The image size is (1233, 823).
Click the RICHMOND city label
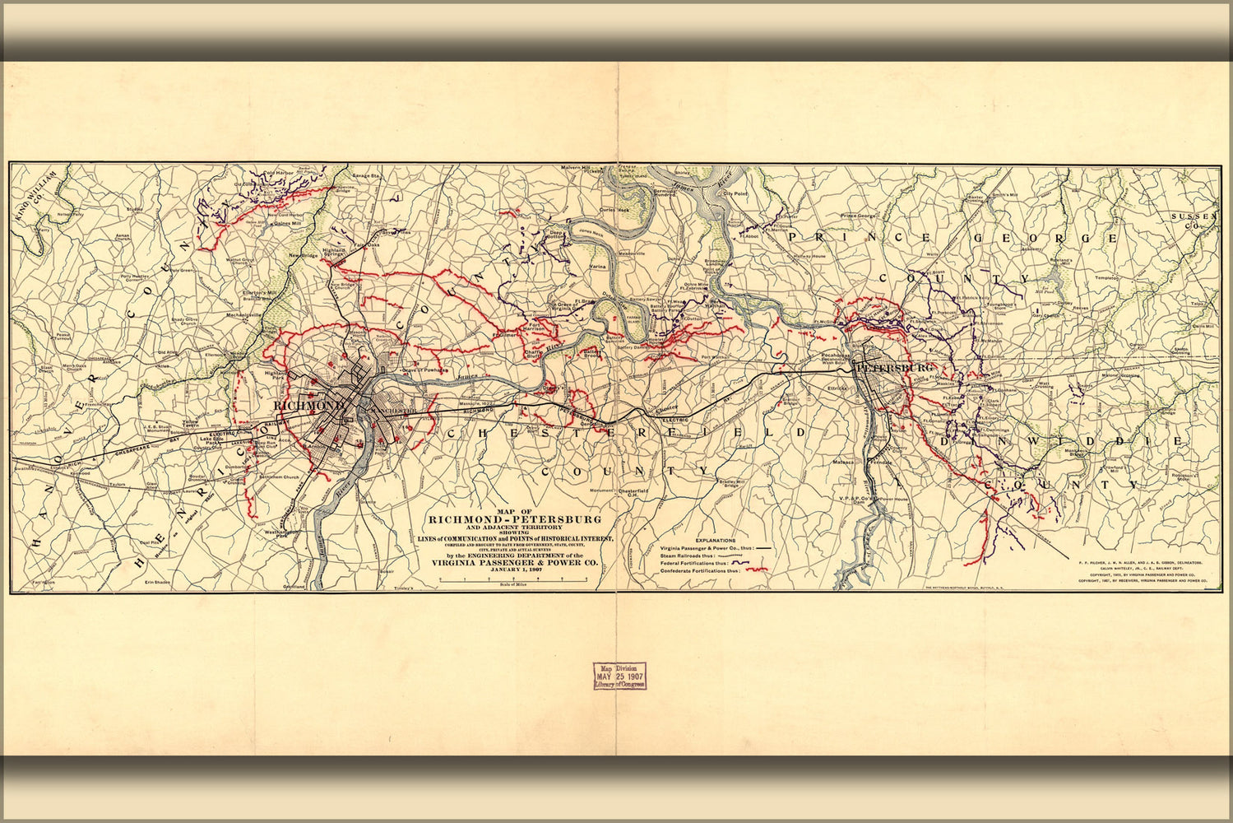click(308, 407)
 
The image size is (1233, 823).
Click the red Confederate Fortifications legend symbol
click(755, 569)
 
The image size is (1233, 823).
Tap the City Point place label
click(734, 193)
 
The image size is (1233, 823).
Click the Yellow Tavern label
click(191, 421)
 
